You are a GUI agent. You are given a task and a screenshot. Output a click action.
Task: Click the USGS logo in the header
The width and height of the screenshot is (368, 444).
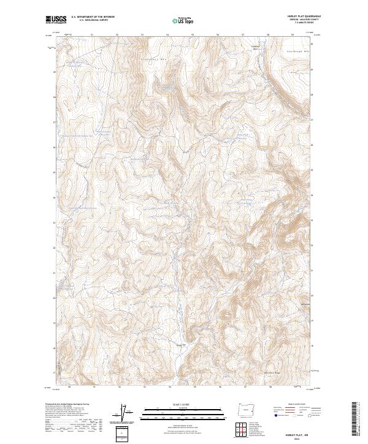[56, 20]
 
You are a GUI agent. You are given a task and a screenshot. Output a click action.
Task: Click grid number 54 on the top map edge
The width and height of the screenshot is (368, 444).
[168, 35]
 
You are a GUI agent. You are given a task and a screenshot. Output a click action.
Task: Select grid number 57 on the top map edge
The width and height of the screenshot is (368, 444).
[243, 35]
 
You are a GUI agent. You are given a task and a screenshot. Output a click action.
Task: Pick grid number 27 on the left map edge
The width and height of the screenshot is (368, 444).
[55, 122]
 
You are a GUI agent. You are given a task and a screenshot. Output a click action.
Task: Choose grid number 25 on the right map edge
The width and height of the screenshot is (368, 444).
[312, 173]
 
